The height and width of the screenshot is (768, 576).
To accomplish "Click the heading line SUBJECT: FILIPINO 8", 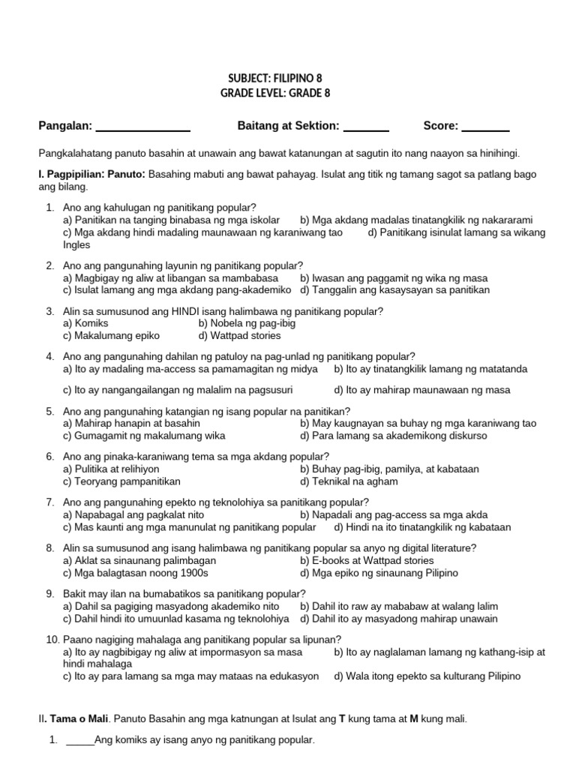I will (278, 78).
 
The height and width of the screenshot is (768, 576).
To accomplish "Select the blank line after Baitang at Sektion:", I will (365, 127).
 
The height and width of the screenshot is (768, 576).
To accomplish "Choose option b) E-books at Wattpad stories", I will (367, 560).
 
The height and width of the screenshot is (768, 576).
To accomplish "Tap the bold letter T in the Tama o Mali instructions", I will (343, 718).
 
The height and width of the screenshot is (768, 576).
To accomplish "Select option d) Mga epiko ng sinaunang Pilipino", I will (379, 573).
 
